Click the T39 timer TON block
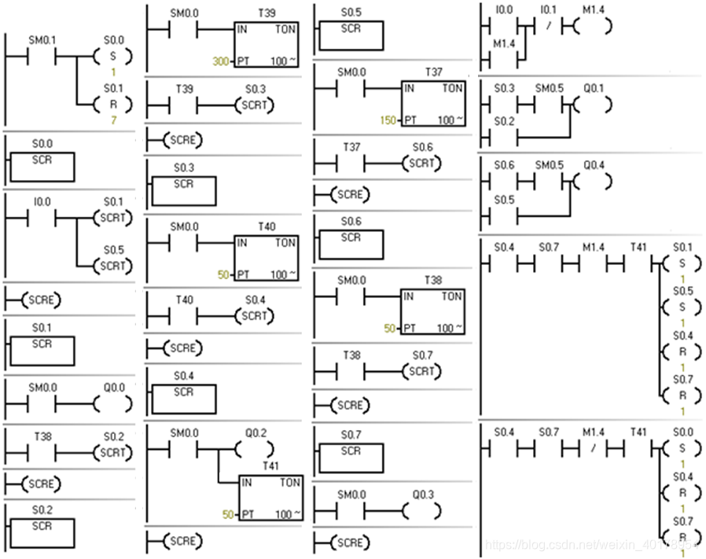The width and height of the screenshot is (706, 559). pos(267,43)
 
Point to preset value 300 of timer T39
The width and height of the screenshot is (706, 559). pos(220,61)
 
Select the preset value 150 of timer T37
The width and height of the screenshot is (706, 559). pos(386,120)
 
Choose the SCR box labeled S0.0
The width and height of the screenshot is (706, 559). pos(42,167)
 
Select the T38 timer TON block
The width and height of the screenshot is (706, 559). pos(432,310)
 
